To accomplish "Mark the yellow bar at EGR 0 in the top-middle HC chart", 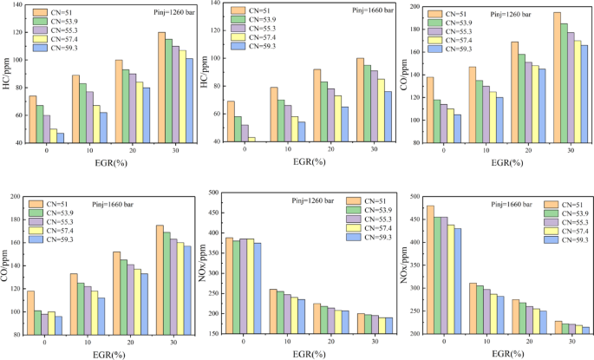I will click(x=252, y=139).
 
